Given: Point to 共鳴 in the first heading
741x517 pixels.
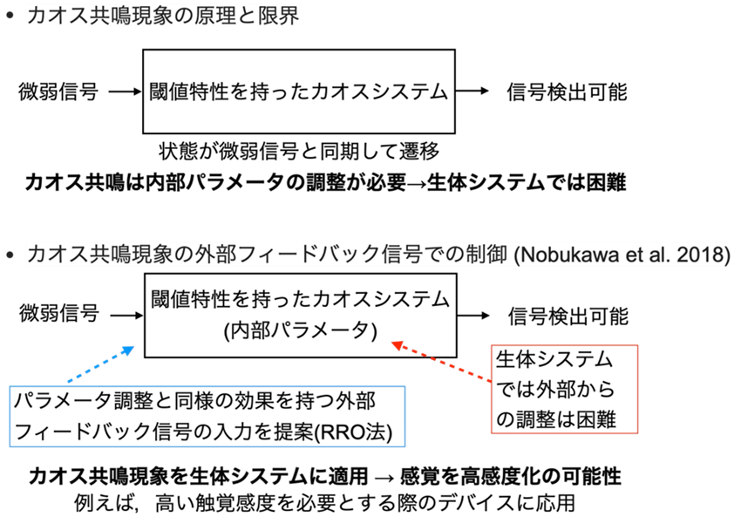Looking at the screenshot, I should coord(109,16).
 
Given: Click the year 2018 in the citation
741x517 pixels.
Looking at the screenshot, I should coord(704,255).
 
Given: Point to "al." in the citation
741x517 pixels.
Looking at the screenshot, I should coord(663,255).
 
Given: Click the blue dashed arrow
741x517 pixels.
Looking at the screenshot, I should coord(99,365).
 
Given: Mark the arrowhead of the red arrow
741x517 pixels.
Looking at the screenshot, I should coord(398,346).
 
